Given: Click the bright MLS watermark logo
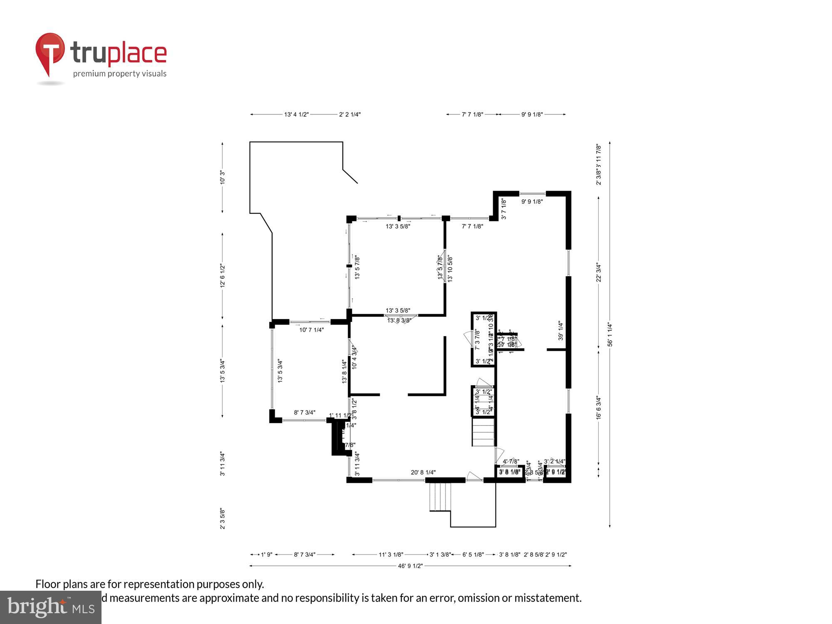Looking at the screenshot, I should pos(51,607).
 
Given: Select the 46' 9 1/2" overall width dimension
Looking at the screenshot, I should pos(410,566).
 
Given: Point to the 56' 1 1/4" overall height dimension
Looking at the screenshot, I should pos(610,334).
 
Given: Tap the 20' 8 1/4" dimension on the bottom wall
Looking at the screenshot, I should pos(423,472).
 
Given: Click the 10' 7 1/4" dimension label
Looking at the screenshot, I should pos(312,330).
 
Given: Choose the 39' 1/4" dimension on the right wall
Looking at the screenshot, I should pos(560,330).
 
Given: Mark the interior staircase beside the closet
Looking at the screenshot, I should pos(483,432).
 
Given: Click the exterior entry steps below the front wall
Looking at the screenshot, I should pos(440,497).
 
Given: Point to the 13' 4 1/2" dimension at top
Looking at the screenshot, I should pos(296,114).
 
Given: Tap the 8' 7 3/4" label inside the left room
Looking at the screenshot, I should pos(305,413).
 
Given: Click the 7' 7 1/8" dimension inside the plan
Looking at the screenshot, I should pos(472,226).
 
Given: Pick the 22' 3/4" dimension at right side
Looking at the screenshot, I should pos(599,272).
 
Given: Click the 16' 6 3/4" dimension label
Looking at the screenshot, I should pos(599,407).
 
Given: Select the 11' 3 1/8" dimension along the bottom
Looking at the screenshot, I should pos(391,555).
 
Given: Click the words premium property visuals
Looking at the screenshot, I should pos(120,74).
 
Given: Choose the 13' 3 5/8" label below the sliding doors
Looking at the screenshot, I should pos(398,226).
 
